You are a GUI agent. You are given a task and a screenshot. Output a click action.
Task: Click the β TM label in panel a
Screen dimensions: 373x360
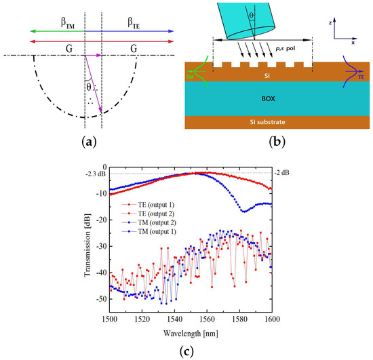[x=68, y=23]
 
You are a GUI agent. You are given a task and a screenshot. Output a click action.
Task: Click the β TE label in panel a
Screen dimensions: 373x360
[x=134, y=23]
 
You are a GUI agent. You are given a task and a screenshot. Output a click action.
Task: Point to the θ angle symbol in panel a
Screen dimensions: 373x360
[x=89, y=87]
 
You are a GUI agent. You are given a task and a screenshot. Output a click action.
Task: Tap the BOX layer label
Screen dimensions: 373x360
[x=269, y=99]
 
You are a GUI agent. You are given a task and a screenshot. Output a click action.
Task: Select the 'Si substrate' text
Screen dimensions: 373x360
[x=267, y=122]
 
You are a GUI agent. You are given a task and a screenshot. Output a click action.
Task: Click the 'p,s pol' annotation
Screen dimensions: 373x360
[x=286, y=49]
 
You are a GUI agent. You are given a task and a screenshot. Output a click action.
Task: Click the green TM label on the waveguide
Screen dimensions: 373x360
[x=190, y=77]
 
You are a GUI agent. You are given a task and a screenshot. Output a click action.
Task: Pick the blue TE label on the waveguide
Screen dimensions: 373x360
[x=361, y=77]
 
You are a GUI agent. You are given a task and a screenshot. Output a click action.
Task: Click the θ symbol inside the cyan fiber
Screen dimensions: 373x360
[x=251, y=16]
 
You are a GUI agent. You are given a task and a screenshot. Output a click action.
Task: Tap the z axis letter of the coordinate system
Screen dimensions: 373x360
[x=330, y=23]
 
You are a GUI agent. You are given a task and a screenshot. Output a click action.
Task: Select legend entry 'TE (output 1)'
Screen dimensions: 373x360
[x=156, y=205]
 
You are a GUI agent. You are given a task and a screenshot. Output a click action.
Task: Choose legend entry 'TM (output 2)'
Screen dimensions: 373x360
[x=157, y=222]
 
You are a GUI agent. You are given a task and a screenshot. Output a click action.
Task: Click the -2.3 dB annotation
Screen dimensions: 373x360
[x=96, y=174]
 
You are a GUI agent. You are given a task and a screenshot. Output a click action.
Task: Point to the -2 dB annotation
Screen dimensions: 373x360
[x=282, y=173]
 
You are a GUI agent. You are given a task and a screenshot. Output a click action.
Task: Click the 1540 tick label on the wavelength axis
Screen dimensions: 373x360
[x=174, y=319]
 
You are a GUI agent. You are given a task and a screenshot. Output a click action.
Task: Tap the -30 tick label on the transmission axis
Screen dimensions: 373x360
[x=101, y=246]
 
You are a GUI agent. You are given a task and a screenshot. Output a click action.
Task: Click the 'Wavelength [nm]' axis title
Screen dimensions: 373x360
[x=191, y=334]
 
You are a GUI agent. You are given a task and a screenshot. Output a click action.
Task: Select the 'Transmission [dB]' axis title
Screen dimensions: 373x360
[x=87, y=245]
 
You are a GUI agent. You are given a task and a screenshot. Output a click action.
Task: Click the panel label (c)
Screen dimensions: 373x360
[x=186, y=351]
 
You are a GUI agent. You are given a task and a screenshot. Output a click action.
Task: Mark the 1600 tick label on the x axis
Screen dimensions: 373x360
[x=273, y=319]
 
